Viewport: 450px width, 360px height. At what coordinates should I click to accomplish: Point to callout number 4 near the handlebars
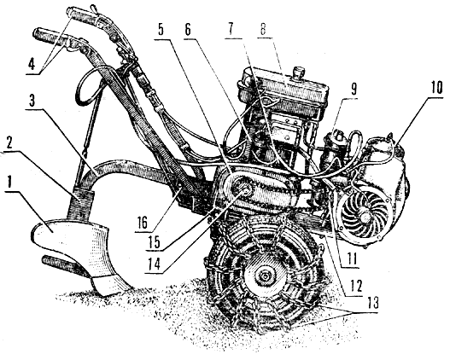(32, 65)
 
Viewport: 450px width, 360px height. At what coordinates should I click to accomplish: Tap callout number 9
(354, 90)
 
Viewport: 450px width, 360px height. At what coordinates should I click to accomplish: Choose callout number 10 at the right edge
(435, 88)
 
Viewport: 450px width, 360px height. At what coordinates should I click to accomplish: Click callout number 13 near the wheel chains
(372, 303)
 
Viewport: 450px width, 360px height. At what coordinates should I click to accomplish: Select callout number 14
(154, 265)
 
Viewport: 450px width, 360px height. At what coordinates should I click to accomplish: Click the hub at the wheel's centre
(264, 276)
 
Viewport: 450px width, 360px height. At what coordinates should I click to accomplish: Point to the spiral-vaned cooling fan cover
(364, 213)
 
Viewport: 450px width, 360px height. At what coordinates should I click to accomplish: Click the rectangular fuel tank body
(283, 87)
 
